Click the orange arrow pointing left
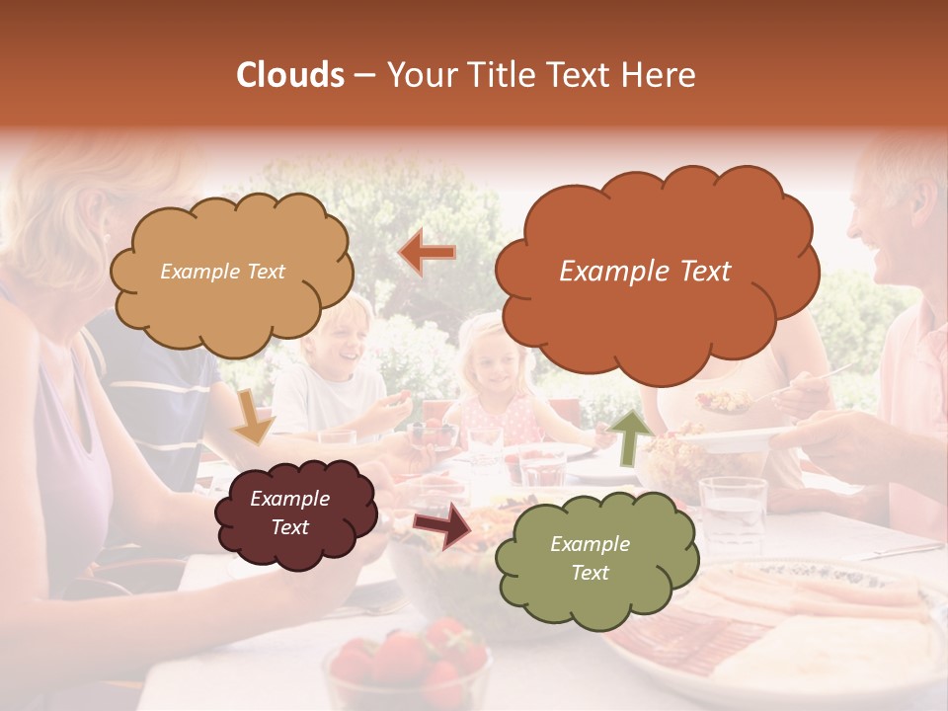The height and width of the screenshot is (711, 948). coord(428,254)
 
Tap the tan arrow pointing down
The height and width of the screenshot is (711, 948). coord(253,416)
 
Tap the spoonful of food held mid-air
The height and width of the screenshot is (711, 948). coord(726,400)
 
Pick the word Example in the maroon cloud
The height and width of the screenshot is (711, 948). coord(289,499)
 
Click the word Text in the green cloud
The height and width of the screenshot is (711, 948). coord(590,573)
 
